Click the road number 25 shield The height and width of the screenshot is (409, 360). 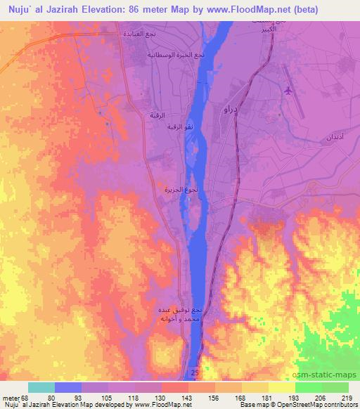coord(195,370)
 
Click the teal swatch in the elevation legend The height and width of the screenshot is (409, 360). coord(41,387)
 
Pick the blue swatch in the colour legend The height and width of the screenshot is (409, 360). coord(68,387)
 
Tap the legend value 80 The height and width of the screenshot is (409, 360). coord(50,398)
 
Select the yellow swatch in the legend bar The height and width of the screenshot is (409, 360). coord(282,387)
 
